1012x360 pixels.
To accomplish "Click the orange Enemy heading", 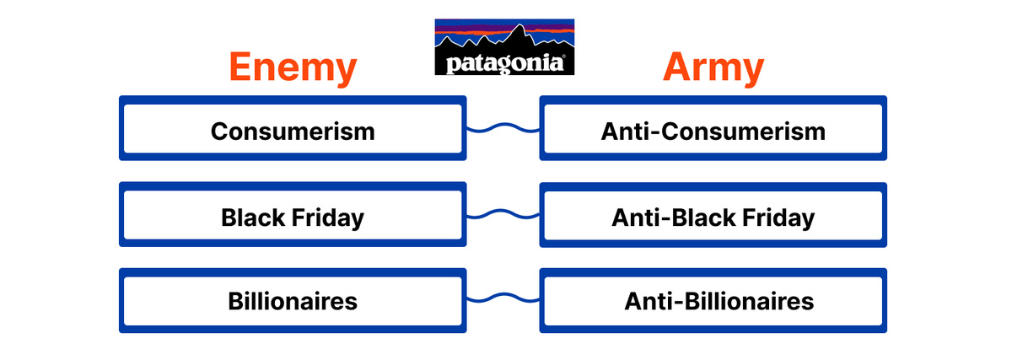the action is click(x=293, y=67).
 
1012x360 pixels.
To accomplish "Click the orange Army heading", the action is click(x=713, y=67).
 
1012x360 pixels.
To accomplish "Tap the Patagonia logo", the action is click(x=504, y=47).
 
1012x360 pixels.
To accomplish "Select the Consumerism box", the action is click(x=293, y=132).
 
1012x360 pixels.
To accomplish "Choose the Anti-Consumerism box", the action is click(x=713, y=132).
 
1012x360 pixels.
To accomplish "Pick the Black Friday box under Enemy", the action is click(x=293, y=218).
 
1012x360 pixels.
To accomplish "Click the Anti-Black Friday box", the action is click(x=713, y=218).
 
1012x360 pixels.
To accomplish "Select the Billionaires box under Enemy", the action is click(x=293, y=301).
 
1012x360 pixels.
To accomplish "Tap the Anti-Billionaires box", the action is click(x=713, y=301).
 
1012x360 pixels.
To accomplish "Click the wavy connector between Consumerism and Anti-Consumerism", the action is click(x=503, y=128).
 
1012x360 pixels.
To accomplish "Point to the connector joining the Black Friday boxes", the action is click(x=503, y=214).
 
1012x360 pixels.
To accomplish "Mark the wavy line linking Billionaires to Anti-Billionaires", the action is click(x=503, y=298).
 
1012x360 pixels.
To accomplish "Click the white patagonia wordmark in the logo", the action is click(x=504, y=63).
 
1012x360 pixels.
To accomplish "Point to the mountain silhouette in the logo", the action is click(x=506, y=38).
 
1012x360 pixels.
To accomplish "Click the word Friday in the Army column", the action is click(x=778, y=218).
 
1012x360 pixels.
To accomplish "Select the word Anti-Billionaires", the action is click(x=719, y=301).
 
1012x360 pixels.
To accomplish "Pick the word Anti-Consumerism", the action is click(x=713, y=132).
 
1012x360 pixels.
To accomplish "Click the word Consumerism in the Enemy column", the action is click(x=293, y=132).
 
